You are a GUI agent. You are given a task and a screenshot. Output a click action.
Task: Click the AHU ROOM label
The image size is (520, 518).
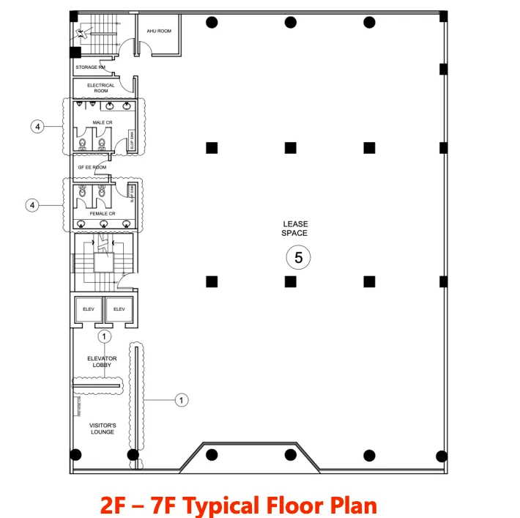159,32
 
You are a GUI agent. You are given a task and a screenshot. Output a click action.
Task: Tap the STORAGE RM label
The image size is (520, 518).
91,67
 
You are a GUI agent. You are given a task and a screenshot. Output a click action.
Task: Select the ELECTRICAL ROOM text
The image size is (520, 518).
101,88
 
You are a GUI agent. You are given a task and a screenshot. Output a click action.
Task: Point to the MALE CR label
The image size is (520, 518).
102,122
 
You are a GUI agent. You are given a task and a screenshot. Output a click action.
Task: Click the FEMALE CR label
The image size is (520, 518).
102,213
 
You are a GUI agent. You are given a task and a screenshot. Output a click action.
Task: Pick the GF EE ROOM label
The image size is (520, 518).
92,167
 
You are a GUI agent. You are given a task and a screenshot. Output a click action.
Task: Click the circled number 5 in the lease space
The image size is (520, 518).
297,257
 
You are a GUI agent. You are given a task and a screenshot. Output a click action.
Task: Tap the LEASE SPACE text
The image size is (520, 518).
295,229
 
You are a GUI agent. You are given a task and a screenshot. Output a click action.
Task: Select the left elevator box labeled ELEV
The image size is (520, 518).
89,309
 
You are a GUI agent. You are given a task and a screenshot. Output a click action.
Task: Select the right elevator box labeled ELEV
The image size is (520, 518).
119,309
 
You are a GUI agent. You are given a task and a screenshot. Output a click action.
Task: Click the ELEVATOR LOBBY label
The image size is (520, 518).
102,362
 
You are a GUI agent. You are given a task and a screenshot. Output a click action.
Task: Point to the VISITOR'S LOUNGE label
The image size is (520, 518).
102,429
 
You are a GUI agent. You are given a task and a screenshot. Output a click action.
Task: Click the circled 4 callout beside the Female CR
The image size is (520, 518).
32,205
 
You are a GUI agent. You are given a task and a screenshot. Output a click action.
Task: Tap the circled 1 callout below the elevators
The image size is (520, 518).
105,336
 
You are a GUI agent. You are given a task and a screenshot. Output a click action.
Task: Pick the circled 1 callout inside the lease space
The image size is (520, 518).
182,400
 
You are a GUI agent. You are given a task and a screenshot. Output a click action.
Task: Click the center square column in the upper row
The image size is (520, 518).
291,147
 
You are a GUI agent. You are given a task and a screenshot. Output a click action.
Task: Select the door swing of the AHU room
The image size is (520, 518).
144,48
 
